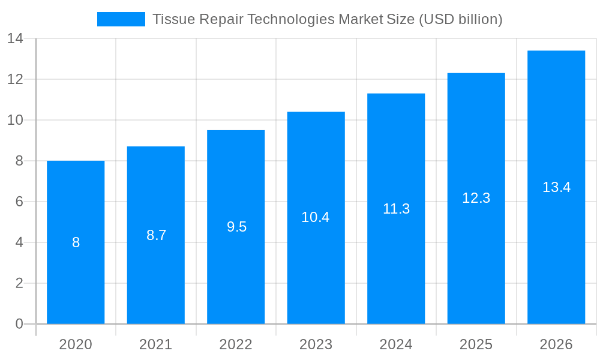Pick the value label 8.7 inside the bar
tap(156, 235)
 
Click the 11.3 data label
tap(396, 209)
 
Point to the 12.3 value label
tap(476, 198)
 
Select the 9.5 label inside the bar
tap(236, 227)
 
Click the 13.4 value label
tap(556, 187)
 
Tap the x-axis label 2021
tap(155, 344)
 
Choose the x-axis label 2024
tap(396, 344)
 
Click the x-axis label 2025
tap(476, 344)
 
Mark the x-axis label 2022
tap(236, 344)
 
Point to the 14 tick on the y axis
tap(15, 38)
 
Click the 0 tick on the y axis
tap(19, 324)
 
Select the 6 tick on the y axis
tap(19, 202)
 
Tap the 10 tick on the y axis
tap(15, 120)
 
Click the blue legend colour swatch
tap(121, 19)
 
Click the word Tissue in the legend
tap(173, 19)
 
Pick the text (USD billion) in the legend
tap(460, 19)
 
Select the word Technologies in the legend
tap(291, 19)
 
